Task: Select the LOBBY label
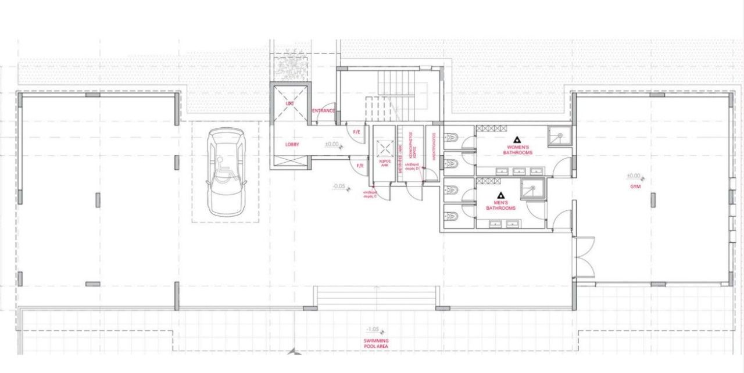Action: pyautogui.click(x=292, y=144)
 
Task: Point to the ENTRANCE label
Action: pyautogui.click(x=324, y=110)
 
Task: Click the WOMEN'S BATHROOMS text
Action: pyautogui.click(x=517, y=150)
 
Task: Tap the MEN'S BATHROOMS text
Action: pyautogui.click(x=500, y=205)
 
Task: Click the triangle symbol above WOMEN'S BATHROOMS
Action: pyautogui.click(x=517, y=140)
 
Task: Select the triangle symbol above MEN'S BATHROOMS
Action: pyautogui.click(x=500, y=195)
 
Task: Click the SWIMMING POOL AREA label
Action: pyautogui.click(x=376, y=343)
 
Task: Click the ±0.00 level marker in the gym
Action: pyautogui.click(x=634, y=175)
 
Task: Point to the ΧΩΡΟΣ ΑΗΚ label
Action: pyautogui.click(x=384, y=163)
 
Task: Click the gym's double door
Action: pyautogui.click(x=584, y=257)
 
